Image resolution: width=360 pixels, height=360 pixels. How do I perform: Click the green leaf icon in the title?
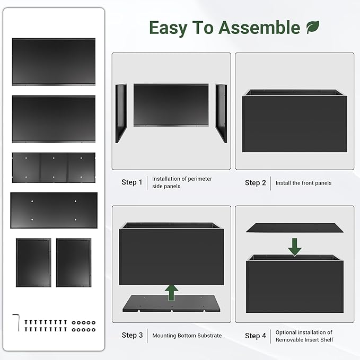coord(313,27)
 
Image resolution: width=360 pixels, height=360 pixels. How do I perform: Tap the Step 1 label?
coord(132,182)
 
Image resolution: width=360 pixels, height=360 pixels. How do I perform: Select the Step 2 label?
coord(256,183)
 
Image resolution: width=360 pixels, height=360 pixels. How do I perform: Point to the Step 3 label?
coord(132,335)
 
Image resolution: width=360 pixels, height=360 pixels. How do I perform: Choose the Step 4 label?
coord(256,336)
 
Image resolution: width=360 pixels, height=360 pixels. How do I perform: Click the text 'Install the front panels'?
coord(303,183)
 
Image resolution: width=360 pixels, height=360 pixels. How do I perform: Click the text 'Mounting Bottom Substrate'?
coord(187,336)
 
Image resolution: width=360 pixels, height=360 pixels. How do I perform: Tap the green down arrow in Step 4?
coord(295,246)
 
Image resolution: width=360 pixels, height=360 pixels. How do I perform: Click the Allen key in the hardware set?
coord(16,322)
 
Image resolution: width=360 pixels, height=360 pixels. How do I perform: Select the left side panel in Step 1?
coord(121,112)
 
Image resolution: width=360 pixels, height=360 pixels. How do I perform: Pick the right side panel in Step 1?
coord(221,112)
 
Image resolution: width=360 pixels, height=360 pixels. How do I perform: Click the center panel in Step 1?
coord(171,105)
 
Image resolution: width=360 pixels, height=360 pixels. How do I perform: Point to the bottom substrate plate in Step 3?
coord(171,304)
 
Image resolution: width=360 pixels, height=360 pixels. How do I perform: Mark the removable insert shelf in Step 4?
coord(295,227)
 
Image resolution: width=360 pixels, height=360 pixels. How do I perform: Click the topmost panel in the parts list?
coord(54,62)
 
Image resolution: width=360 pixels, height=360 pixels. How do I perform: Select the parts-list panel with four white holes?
coord(54,210)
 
